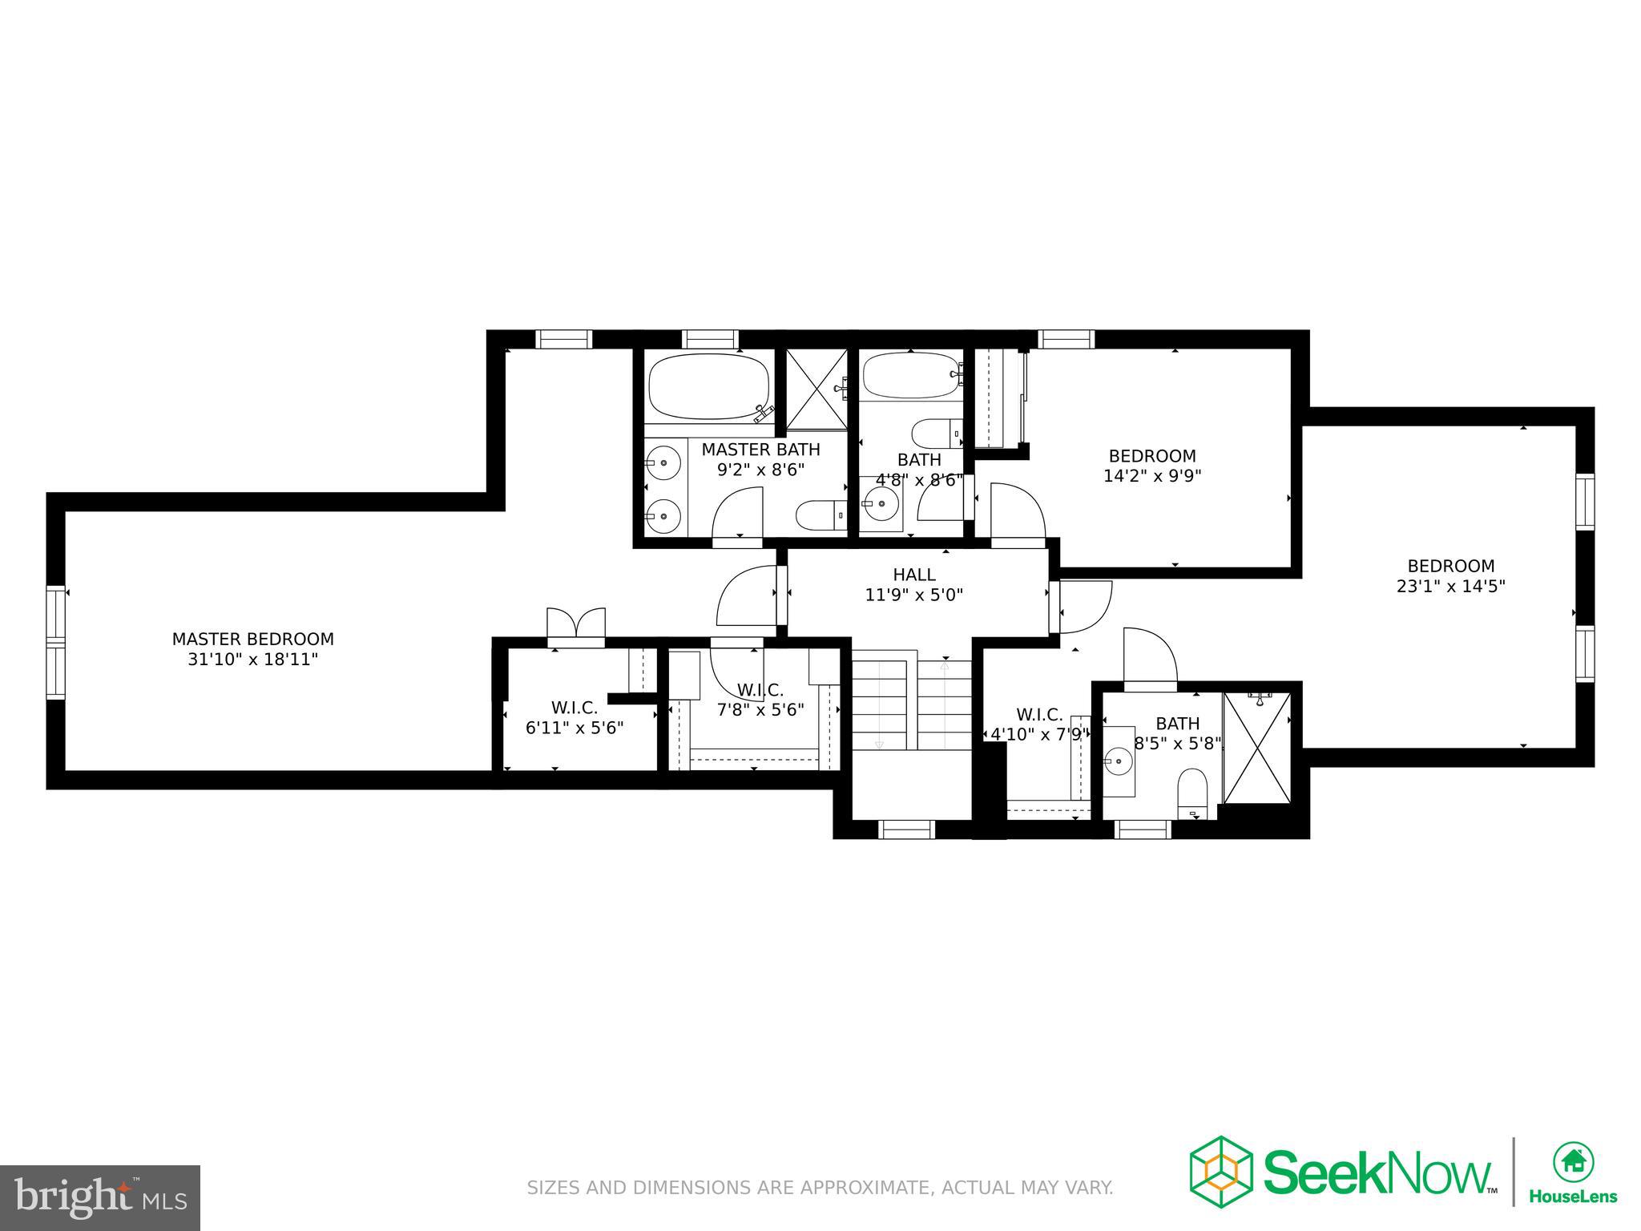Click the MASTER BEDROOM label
(x=252, y=639)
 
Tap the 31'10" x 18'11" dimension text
(x=252, y=660)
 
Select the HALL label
(x=913, y=575)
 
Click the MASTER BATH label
(x=760, y=450)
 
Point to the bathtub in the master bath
(x=708, y=387)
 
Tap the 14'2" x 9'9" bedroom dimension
(x=1152, y=476)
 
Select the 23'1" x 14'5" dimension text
(x=1450, y=586)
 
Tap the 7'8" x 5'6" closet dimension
(x=760, y=709)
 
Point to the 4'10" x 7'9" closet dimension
(x=1039, y=733)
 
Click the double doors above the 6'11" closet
(x=575, y=623)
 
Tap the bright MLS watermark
(x=100, y=1198)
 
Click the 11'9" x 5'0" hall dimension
(x=913, y=595)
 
